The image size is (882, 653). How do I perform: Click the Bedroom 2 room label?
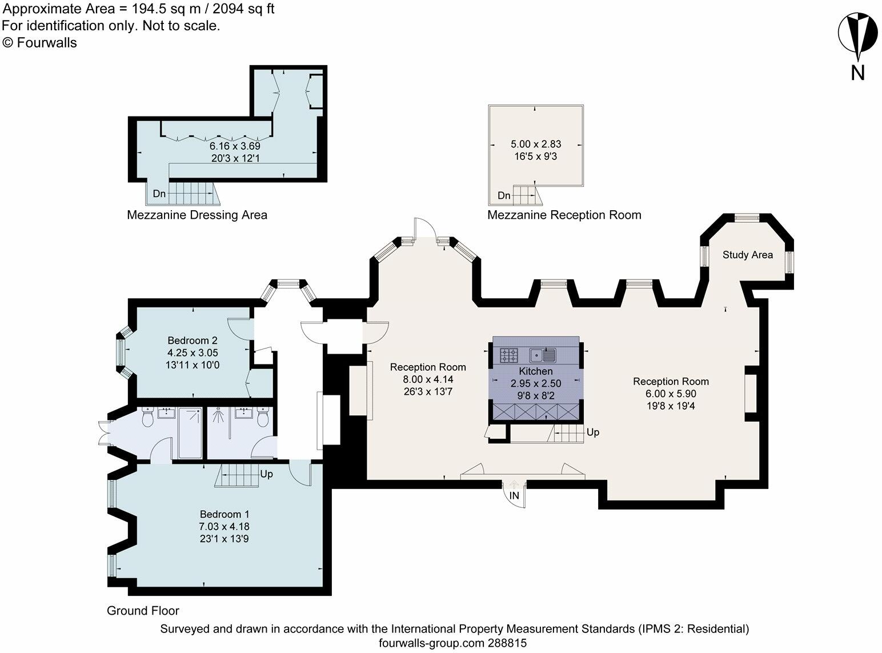193,340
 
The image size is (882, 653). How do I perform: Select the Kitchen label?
535,371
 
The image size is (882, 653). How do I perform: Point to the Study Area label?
747,255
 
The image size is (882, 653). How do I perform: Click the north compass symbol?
857,38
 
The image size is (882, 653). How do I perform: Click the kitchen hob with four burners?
508,355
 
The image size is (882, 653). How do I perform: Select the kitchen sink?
543,355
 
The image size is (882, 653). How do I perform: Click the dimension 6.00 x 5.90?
671,394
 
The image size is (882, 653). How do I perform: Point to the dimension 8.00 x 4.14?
427,379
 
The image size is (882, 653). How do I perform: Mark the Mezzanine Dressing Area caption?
197,215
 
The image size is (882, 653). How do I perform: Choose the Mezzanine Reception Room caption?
564,215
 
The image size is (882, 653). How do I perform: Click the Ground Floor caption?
143,611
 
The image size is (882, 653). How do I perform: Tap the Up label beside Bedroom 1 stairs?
266,474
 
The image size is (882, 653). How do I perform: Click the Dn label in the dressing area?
159,194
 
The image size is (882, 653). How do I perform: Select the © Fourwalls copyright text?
39,42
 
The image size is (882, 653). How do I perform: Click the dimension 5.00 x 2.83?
535,145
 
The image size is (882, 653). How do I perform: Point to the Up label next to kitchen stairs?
593,432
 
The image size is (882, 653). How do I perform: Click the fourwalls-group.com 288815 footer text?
454,643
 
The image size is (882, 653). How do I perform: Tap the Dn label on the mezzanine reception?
504,196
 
